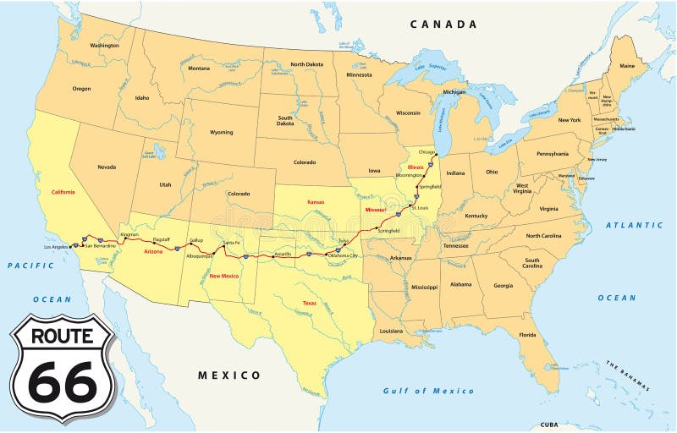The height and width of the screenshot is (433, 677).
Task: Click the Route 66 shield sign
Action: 62,369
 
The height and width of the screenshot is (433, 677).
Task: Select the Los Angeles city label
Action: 58,247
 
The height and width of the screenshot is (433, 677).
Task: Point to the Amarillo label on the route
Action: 283,253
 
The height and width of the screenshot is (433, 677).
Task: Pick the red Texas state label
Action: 310,303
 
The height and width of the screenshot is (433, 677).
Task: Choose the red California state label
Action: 63,192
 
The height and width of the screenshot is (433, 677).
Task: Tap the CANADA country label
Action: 443,25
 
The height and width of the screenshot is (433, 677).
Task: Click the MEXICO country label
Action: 229,375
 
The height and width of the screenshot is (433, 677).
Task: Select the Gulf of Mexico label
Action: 428,391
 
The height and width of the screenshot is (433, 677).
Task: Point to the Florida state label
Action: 528,335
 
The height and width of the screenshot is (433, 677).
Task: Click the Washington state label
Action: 105,45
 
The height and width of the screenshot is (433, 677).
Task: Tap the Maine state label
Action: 627,65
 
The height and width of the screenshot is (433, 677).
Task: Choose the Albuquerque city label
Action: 201,255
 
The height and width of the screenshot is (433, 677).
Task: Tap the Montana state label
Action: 199,69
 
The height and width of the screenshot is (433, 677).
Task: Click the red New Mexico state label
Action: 224,276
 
